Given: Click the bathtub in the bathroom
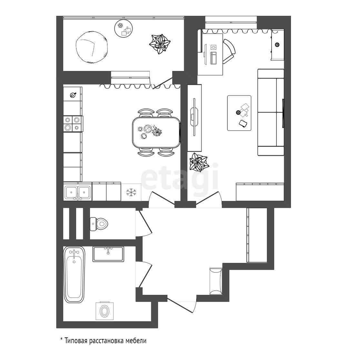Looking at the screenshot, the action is pyautogui.click(x=75, y=275).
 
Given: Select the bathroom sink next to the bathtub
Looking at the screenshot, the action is pyautogui.click(x=108, y=254).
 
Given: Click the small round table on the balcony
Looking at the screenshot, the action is pyautogui.click(x=124, y=29).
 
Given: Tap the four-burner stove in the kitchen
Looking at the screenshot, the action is pyautogui.click(x=72, y=123).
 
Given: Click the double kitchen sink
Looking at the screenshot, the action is pyautogui.click(x=77, y=192).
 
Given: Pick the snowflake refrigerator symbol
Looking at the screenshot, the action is pyautogui.click(x=131, y=193).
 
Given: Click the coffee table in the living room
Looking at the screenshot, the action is pyautogui.click(x=239, y=113).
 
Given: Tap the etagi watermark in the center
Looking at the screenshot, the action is pyautogui.click(x=179, y=177).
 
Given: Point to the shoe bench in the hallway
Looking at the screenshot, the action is pyautogui.click(x=215, y=281).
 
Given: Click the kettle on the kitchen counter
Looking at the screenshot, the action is pyautogui.click(x=73, y=95).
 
